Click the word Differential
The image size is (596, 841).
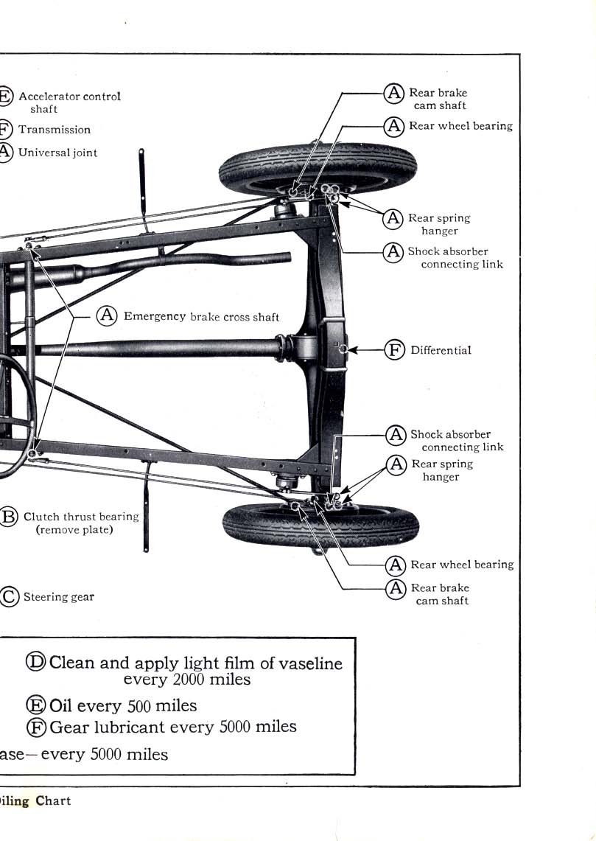coord(441,350)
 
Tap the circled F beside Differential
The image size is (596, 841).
coord(395,350)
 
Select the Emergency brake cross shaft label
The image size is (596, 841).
coord(201,316)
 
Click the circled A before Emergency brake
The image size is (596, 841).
coord(108,315)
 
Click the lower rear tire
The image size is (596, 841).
coord(320,525)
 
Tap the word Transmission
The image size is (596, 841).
coord(55,130)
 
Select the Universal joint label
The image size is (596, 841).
coord(57,153)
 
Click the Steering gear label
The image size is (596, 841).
coord(58,597)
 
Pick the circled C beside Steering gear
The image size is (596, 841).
coord(8,596)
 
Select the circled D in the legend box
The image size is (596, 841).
coord(36,661)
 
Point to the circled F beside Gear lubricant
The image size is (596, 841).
coord(37,727)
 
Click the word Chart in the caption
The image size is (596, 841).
coord(53,800)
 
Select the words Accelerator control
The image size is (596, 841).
coord(69,97)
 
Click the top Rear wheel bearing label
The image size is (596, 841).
coord(460,126)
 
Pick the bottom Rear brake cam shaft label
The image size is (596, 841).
coord(440,594)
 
